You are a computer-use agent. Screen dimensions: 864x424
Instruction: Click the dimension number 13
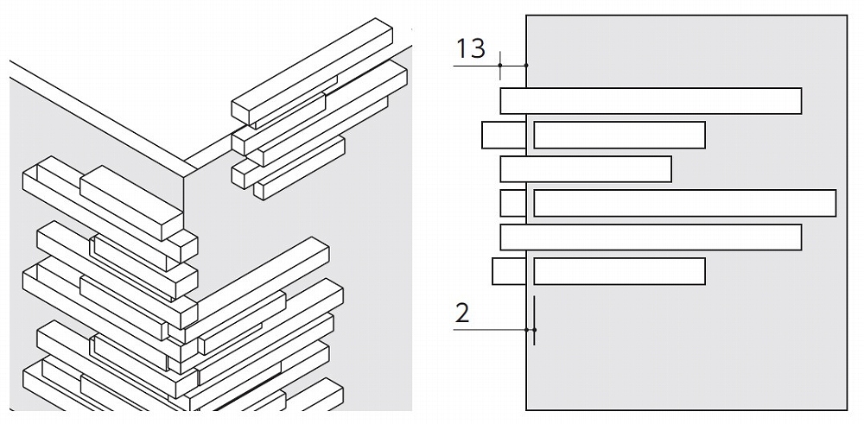click(471, 47)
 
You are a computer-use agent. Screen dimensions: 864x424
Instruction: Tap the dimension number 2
click(462, 313)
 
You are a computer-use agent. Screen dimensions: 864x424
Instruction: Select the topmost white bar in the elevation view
click(651, 101)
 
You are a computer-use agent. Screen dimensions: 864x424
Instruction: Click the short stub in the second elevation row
click(504, 135)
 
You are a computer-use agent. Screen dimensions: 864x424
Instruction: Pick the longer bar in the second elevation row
click(619, 135)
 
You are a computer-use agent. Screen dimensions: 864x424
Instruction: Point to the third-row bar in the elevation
click(586, 169)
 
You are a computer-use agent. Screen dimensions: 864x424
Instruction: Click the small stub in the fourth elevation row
click(513, 203)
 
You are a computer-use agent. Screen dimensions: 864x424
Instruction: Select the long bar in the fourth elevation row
click(685, 203)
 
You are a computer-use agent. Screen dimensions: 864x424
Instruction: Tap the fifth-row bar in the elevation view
click(651, 237)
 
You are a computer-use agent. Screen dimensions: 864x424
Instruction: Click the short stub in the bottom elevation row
click(509, 271)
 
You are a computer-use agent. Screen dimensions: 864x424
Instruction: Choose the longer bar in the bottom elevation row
click(619, 271)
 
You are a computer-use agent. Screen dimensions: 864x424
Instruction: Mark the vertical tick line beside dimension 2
click(534, 320)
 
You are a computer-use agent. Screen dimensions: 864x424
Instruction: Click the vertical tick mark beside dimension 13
click(499, 66)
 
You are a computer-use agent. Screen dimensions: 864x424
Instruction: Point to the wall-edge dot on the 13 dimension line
click(526, 66)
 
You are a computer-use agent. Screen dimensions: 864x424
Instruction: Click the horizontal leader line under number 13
click(490, 66)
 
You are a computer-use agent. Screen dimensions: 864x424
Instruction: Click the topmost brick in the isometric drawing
click(312, 71)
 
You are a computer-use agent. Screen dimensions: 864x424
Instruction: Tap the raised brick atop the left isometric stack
click(131, 203)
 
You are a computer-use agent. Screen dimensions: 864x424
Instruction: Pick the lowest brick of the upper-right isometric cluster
click(299, 168)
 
